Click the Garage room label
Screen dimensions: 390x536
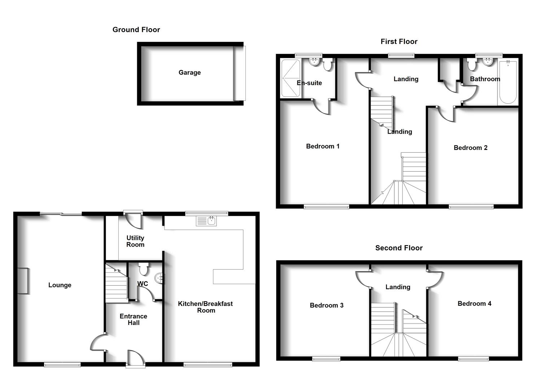(189, 73)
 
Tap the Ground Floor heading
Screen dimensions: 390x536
(136, 30)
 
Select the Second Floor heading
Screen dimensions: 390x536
(399, 248)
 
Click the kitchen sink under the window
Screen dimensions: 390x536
(206, 220)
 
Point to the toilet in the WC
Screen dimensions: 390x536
(144, 269)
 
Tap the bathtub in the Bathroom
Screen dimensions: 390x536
(508, 83)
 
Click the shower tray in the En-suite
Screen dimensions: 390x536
(290, 78)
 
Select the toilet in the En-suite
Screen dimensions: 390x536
(328, 65)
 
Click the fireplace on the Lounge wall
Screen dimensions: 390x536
(23, 281)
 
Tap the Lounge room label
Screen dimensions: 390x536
(60, 285)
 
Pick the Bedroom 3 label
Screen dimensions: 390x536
(327, 305)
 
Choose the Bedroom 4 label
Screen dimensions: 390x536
(474, 304)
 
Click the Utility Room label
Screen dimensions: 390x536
(135, 241)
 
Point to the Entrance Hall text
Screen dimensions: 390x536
(134, 320)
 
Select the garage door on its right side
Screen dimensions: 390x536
(239, 73)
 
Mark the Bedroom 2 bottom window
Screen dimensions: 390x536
(471, 207)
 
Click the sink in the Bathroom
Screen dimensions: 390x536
(488, 62)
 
